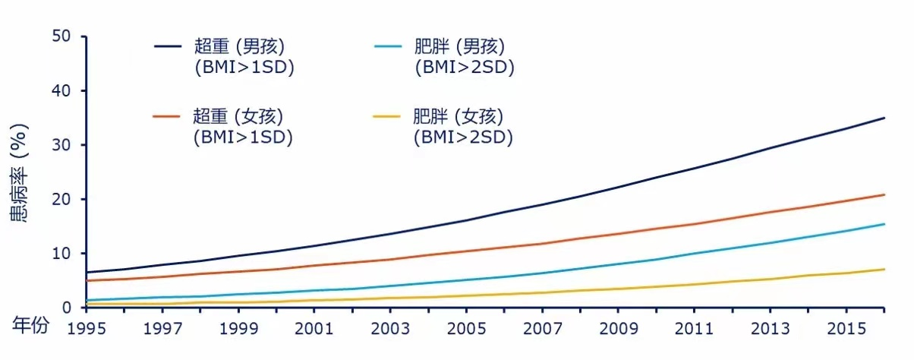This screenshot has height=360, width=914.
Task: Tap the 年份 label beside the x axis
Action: coord(31,326)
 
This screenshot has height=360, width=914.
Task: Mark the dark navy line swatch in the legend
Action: coord(169,46)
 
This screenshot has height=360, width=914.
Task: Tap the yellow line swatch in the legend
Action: coord(388,116)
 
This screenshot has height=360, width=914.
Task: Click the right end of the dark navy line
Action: coord(884,118)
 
